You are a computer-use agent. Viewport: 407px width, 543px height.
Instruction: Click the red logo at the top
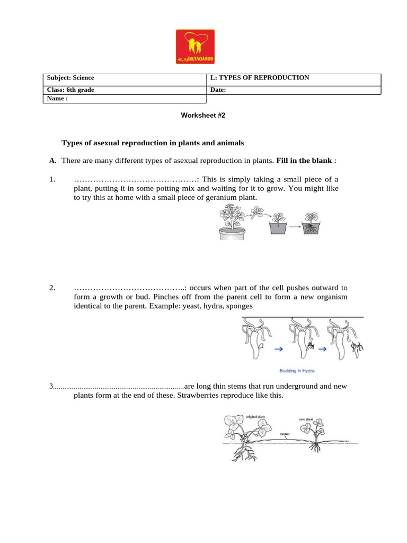click(194, 47)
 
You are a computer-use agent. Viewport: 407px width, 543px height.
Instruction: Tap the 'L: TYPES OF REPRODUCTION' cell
click(260, 77)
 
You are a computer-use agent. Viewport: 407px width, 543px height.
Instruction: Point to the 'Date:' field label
click(218, 90)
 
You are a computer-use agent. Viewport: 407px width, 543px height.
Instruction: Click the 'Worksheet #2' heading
click(203, 115)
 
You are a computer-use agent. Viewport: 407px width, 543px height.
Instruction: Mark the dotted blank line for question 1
click(135, 179)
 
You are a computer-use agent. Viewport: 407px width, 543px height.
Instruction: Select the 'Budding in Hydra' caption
click(300, 371)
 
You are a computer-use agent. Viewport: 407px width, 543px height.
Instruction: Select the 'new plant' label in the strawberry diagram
click(306, 419)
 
